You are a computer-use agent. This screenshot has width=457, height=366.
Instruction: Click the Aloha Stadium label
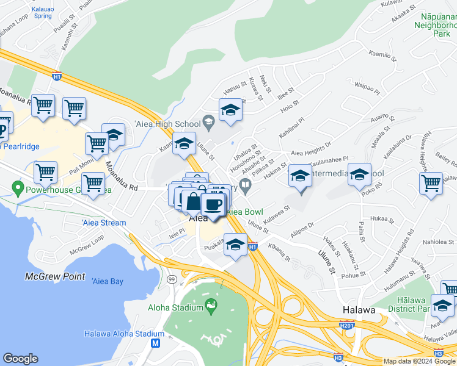[175, 307]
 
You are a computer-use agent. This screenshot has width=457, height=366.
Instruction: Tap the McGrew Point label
[55, 276]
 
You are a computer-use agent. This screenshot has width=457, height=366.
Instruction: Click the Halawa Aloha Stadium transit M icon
[155, 344]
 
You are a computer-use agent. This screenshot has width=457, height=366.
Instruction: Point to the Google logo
[20, 359]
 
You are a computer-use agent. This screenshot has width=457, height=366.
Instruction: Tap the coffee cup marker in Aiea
[212, 204]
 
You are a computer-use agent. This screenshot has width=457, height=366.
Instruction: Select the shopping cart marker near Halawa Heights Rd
[431, 182]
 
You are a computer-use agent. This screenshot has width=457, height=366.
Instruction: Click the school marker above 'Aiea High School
[230, 110]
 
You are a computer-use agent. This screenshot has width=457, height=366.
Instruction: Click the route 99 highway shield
[172, 279]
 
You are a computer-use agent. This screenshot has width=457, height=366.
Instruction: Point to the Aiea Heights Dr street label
[311, 144]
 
